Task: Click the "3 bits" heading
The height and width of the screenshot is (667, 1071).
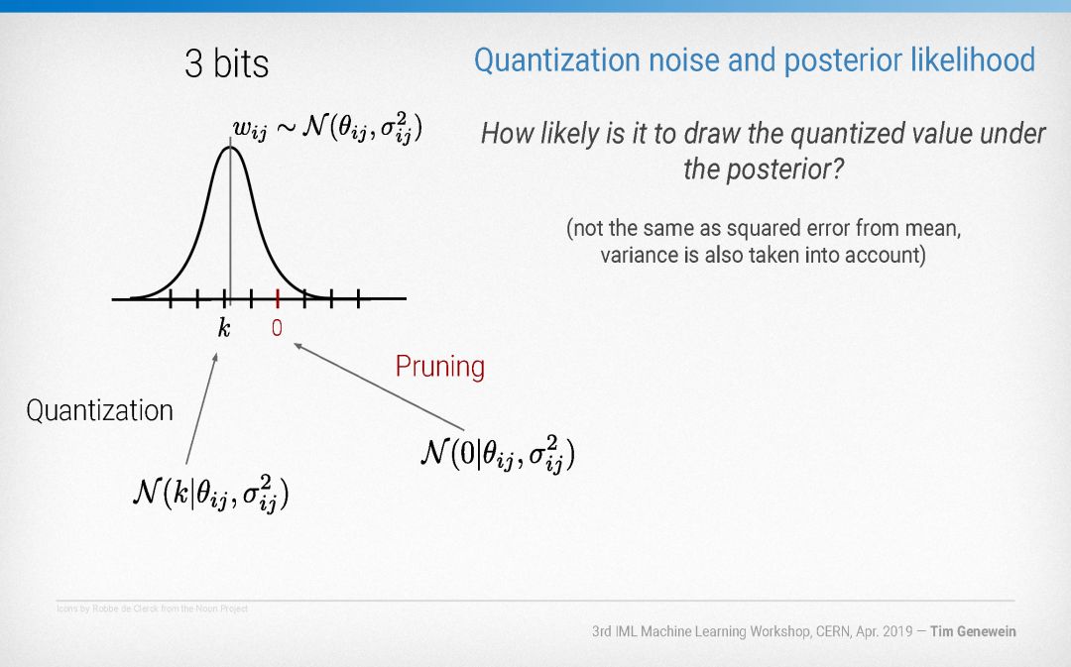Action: coord(227,63)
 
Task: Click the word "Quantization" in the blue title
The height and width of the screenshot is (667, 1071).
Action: coord(557,60)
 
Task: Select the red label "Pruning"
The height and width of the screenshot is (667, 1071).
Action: coord(440,367)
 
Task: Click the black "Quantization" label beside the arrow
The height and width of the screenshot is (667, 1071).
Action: coord(100,410)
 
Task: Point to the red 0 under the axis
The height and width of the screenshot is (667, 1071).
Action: coord(277,328)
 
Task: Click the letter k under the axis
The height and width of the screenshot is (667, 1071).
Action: coord(224,328)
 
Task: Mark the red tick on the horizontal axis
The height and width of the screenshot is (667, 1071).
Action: coord(278,298)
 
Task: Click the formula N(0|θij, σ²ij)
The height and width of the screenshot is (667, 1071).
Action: coord(497,453)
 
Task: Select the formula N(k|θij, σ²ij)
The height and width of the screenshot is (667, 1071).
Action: coord(211,493)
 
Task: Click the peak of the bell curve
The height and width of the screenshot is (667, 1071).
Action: coord(230,147)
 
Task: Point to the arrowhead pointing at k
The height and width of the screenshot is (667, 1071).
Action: coord(216,356)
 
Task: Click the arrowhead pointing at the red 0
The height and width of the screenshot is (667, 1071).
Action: coord(297,346)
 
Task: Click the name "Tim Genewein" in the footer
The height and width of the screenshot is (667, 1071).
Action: coord(973,631)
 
